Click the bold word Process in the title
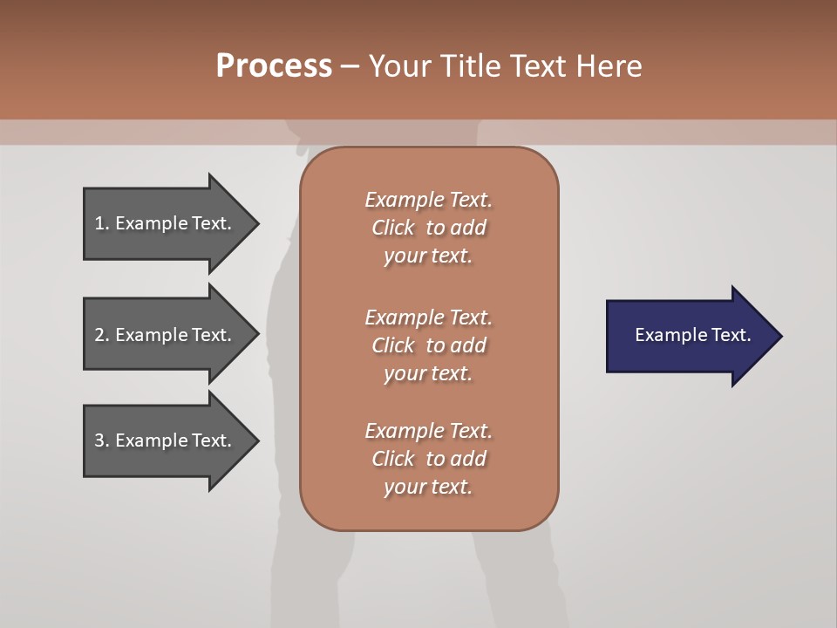274,65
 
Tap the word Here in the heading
609,65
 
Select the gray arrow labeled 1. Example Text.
166,223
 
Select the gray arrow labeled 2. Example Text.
166,335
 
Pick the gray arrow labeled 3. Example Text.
166,440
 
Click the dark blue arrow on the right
689,336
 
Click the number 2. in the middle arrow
101,335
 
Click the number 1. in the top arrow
101,223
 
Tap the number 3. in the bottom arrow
101,440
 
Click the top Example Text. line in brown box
428,200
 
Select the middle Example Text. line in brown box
428,317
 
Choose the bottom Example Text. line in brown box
428,431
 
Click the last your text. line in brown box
428,488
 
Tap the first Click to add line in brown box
428,228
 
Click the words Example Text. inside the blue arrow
692,335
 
